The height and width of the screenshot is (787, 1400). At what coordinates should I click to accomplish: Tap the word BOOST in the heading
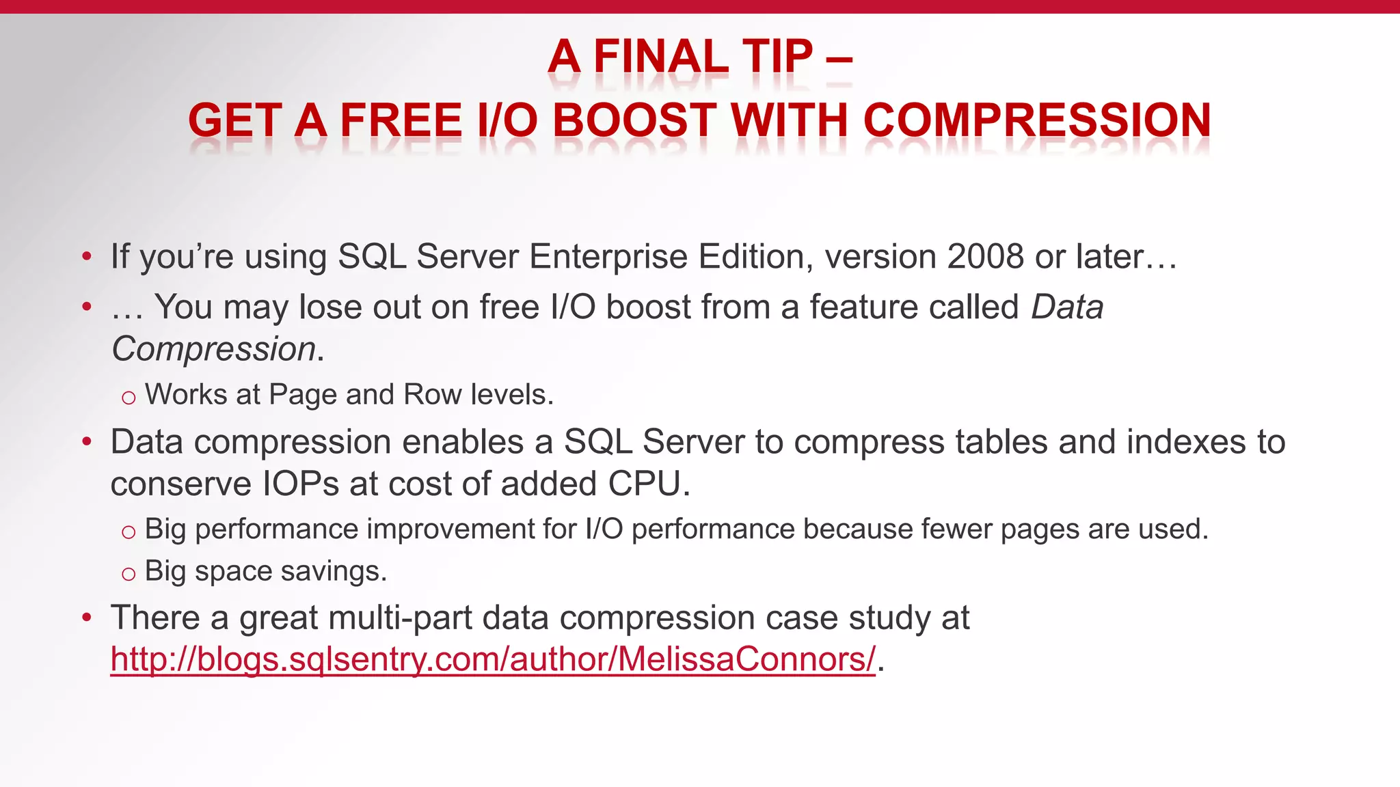[x=634, y=120]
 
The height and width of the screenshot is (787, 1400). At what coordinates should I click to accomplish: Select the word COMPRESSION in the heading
[x=1037, y=120]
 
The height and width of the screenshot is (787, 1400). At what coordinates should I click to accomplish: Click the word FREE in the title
[x=401, y=120]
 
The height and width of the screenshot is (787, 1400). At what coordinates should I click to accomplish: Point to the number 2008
[x=986, y=257]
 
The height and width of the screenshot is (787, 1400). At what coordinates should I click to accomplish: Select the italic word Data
[x=1067, y=307]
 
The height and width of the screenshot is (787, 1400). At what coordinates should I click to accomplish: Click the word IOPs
[x=301, y=484]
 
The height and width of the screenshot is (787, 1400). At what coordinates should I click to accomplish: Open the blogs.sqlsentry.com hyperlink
[x=493, y=660]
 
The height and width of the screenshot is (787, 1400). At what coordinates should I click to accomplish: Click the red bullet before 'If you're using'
[x=86, y=258]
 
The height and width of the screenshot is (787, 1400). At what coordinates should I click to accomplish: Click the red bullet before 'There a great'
[x=86, y=618]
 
